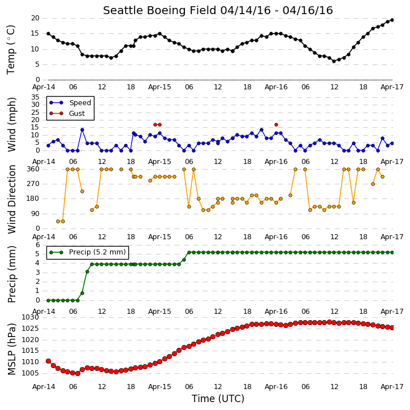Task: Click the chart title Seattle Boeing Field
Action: click(x=159, y=10)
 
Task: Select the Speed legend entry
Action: click(x=70, y=103)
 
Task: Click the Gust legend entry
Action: click(x=67, y=114)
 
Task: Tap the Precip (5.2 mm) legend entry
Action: click(x=88, y=252)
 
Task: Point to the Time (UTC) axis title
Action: click(x=218, y=399)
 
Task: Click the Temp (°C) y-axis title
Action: click(x=11, y=50)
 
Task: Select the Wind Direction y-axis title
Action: click(x=12, y=199)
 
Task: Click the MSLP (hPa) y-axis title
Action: click(x=12, y=349)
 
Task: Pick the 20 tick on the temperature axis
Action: click(x=35, y=18)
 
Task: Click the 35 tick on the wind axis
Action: click(x=35, y=97)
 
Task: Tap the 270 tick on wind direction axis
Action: click(x=33, y=184)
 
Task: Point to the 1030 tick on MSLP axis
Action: click(x=30, y=317)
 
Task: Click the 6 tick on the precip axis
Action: click(x=38, y=245)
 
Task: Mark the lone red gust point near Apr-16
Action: click(x=276, y=125)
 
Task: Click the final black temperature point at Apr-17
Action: click(x=392, y=20)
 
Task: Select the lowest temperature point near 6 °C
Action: click(x=334, y=61)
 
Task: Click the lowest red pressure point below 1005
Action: click(x=77, y=374)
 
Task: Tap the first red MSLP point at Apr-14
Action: click(x=49, y=361)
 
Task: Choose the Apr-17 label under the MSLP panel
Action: click(x=392, y=387)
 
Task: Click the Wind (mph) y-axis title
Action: click(x=12, y=124)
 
